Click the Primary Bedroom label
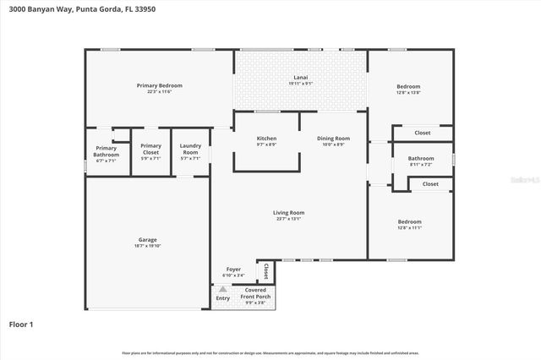coord(160,85)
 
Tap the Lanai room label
coord(300,78)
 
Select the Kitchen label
coord(266,139)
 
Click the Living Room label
coord(288,213)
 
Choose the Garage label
coord(147,240)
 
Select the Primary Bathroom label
coord(106,151)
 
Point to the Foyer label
coord(233,270)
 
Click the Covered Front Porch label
coord(255,293)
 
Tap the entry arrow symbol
coord(223,288)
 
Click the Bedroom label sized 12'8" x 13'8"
coord(409,86)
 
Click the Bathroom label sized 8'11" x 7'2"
coord(420,158)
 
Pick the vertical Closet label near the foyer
coord(266,270)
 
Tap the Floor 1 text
coord(20,324)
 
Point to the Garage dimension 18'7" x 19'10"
coord(147,246)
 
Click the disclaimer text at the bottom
coord(270,352)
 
